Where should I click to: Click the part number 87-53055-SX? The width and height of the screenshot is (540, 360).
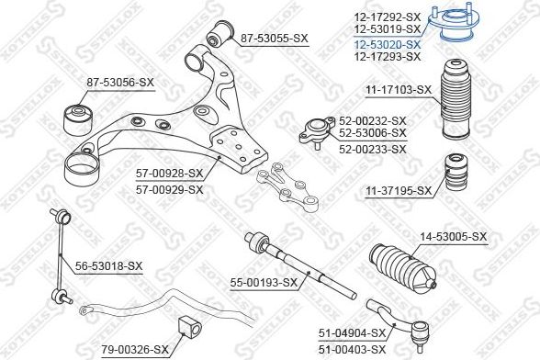coord(275,39)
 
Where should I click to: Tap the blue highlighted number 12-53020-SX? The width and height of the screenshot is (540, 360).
coord(388,44)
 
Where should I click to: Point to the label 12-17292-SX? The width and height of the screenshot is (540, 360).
coord(388,17)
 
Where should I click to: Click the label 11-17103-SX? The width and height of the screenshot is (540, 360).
coord(398,90)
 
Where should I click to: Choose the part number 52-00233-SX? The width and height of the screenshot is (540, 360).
coord(372,149)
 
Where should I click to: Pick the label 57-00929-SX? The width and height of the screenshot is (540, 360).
coord(169,189)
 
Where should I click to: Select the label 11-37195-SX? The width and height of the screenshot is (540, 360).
coord(398,191)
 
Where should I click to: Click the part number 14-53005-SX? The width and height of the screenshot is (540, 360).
coord(454,237)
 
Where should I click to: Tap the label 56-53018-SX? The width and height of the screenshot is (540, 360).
coord(109,266)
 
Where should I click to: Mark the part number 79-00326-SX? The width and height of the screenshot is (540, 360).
coord(135,349)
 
